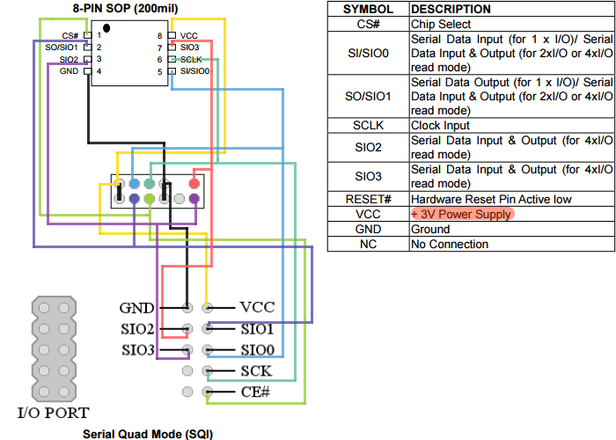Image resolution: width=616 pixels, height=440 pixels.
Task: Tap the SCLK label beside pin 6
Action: coord(192,59)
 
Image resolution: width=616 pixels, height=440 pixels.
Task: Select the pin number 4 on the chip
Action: coord(99,71)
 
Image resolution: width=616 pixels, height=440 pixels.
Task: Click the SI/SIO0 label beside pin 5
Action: coord(194,71)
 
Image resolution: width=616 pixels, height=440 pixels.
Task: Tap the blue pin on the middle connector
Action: coord(133,184)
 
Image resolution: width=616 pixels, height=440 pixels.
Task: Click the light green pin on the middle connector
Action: coord(149,200)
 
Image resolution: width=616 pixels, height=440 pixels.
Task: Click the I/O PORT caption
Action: coord(53,412)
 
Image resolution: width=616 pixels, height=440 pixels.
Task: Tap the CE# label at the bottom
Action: coord(254,392)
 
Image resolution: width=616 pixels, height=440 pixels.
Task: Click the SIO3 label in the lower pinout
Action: coord(138,350)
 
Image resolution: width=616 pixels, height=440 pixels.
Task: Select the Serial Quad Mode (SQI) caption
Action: coord(147,434)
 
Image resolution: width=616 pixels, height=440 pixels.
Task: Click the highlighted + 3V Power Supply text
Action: coord(461,214)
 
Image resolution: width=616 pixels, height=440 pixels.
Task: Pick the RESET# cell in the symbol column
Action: coord(368,199)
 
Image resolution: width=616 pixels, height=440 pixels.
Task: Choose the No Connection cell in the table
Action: coord(450,244)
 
